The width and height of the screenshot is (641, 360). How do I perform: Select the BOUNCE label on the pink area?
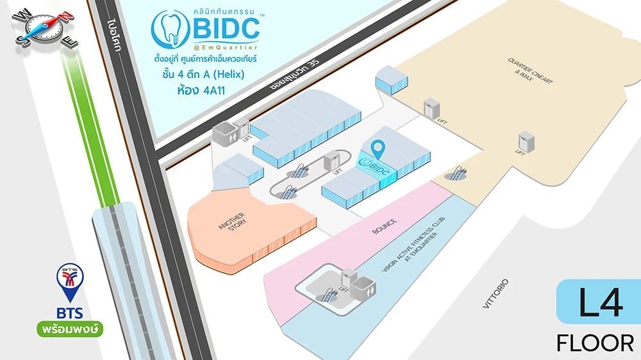click(x=385, y=231)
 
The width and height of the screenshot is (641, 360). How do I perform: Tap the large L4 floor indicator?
click(x=600, y=304)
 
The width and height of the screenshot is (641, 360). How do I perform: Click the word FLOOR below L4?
click(x=595, y=343)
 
